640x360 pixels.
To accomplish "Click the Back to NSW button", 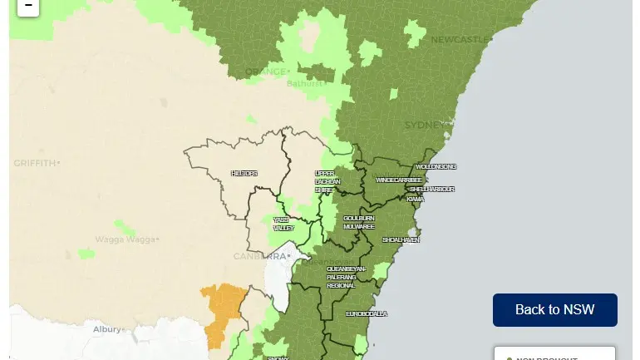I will pyautogui.click(x=554, y=309).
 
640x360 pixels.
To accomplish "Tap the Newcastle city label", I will pyautogui.click(x=459, y=39).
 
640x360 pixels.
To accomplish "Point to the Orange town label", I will pyautogui.click(x=265, y=72).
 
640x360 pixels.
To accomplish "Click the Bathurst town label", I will pyautogui.click(x=304, y=83).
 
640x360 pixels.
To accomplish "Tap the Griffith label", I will pyautogui.click(x=34, y=163).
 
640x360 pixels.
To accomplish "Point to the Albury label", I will pyautogui.click(x=107, y=329).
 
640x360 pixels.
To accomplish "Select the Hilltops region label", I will pyautogui.click(x=244, y=173).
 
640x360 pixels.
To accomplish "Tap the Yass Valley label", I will pyautogui.click(x=283, y=224).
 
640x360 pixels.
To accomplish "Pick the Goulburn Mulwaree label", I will pyautogui.click(x=358, y=222).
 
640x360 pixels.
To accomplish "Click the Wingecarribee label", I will pyautogui.click(x=399, y=180).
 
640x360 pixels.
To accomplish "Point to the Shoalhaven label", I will pyautogui.click(x=401, y=239).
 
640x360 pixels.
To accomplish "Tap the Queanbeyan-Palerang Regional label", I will pyautogui.click(x=346, y=277).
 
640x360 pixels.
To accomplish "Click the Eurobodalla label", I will pyautogui.click(x=367, y=313).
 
